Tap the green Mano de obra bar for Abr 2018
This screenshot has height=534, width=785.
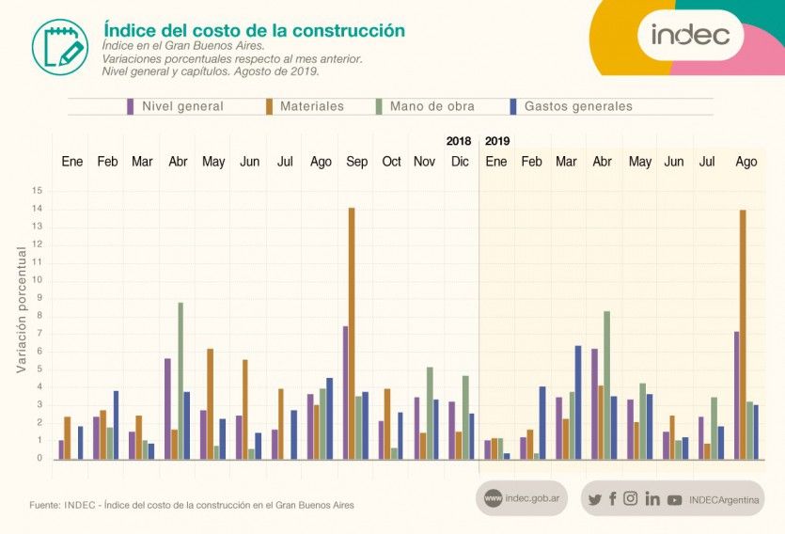[x=181, y=380]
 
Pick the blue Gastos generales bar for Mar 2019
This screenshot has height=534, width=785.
[x=578, y=401]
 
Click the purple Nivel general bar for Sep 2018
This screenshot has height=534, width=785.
[x=345, y=392]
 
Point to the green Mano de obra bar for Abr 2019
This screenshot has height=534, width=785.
[x=607, y=385]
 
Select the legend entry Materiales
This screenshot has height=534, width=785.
[x=306, y=106]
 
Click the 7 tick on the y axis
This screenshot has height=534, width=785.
[x=39, y=333]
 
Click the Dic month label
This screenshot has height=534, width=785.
[x=460, y=162]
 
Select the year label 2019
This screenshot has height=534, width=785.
[x=497, y=141]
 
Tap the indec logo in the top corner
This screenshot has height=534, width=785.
[x=691, y=35]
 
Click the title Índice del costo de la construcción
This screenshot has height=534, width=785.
[x=254, y=30]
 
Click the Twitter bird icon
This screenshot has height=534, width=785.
[x=594, y=499]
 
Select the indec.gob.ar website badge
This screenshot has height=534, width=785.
[x=522, y=498]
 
